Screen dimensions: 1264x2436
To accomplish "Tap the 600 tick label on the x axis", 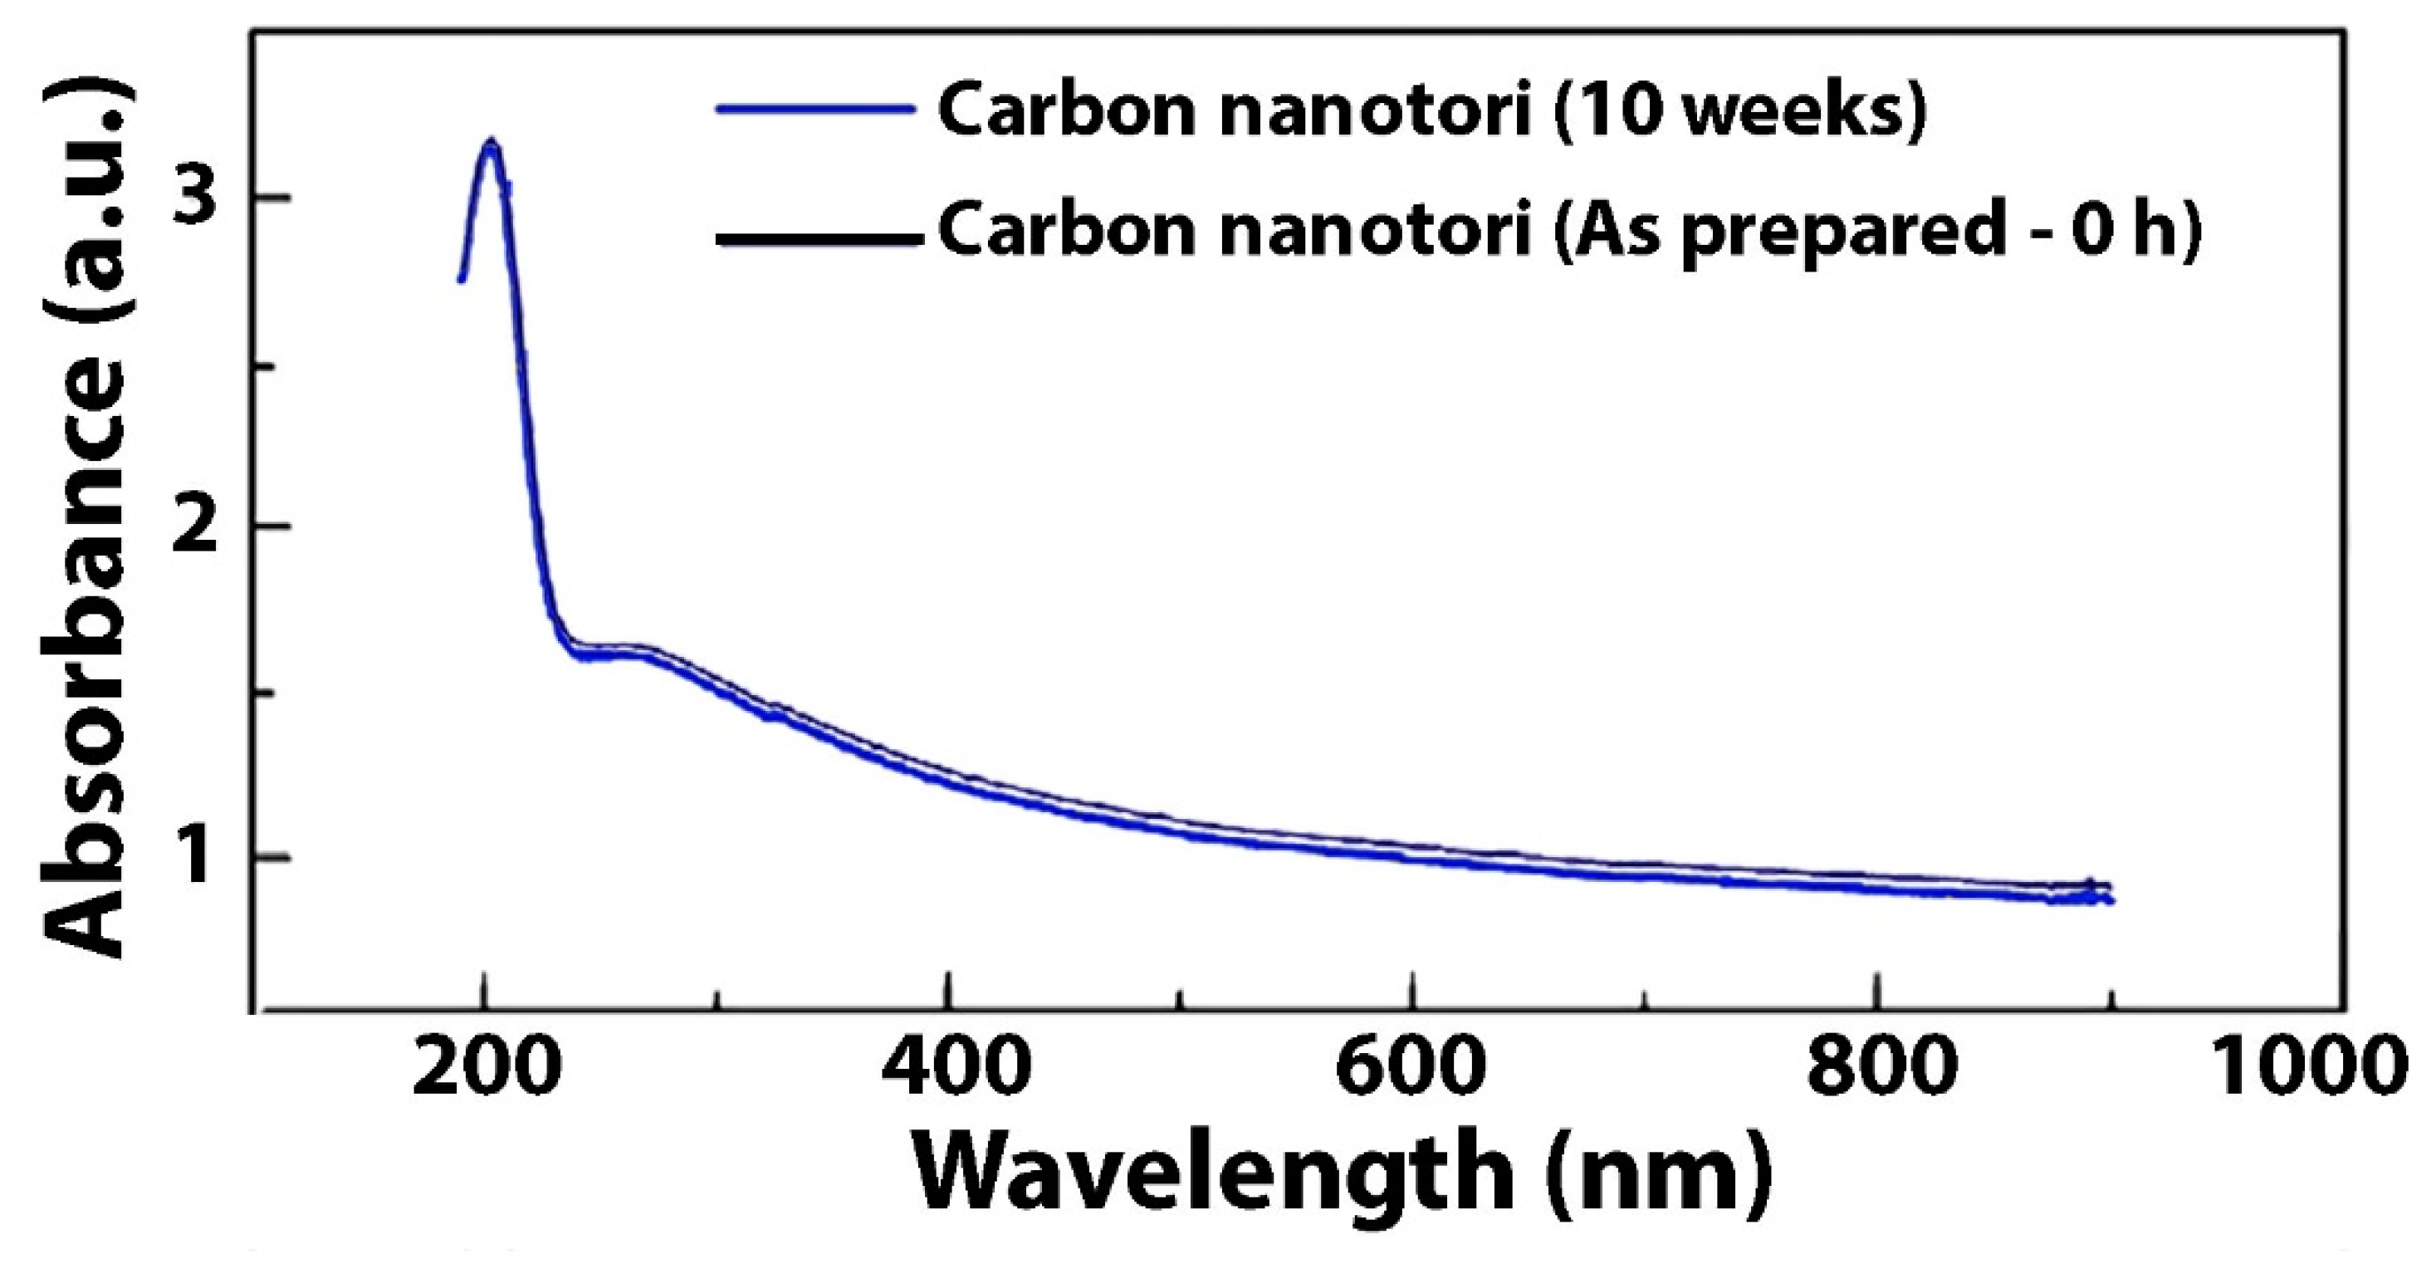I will pyautogui.click(x=1413, y=1072).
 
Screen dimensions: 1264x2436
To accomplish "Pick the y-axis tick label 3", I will pyautogui.click(x=196, y=197).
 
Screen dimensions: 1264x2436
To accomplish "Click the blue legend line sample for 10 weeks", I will pyautogui.click(x=815, y=110).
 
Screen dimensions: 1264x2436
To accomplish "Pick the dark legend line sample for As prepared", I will pyautogui.click(x=818, y=239).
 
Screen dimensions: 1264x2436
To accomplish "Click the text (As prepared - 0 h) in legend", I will pyautogui.click(x=1878, y=232).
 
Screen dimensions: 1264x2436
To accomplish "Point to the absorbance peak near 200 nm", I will pyautogui.click(x=490, y=145).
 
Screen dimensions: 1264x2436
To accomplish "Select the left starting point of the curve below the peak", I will pyautogui.click(x=462, y=278).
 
